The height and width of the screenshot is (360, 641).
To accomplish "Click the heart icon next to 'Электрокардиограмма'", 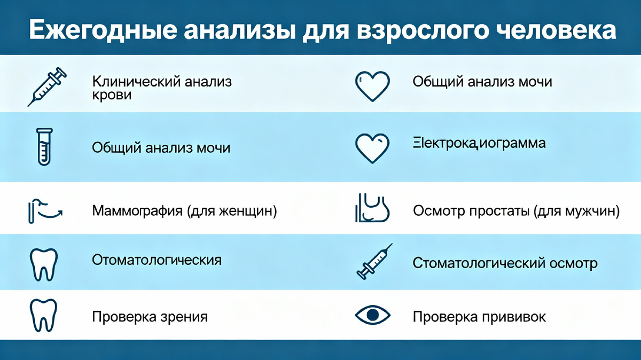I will (373, 147).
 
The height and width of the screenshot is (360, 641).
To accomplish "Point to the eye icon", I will (373, 315).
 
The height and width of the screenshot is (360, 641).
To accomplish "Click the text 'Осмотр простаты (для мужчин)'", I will (516, 211).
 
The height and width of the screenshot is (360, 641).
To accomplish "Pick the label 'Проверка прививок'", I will (479, 317).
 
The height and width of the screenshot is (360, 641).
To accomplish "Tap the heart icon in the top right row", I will (373, 85).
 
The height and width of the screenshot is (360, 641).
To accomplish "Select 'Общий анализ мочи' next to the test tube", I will (161, 147).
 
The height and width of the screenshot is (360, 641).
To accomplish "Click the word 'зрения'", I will (184, 317).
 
